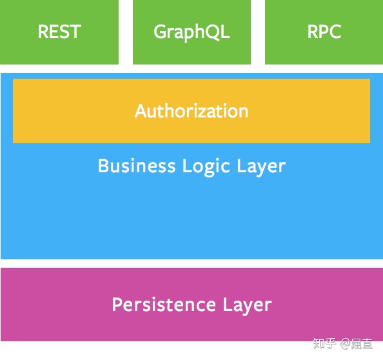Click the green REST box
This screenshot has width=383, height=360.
pos(59,32)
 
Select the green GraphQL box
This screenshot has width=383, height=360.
pos(191,32)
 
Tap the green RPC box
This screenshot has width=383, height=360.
pos(324,32)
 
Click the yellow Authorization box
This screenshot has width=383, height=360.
pos(191,111)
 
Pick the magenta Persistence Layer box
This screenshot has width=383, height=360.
pos(191,305)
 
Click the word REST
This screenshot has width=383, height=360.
pos(59,32)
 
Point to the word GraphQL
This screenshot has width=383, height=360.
pos(191,33)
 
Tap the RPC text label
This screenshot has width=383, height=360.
pos(324,32)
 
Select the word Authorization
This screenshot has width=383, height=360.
pos(191,111)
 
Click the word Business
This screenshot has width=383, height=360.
pos(137,166)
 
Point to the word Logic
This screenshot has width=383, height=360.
pos(206,166)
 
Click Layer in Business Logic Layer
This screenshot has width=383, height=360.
pos(261,166)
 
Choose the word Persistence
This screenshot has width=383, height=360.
pos(164,305)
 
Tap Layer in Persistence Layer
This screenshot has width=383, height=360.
pos(247,305)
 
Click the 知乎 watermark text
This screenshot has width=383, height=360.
pos(324,343)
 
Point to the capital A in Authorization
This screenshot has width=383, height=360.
pos(142,111)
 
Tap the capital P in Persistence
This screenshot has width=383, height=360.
pos(117,305)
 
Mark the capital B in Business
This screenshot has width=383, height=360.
pos(104,166)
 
